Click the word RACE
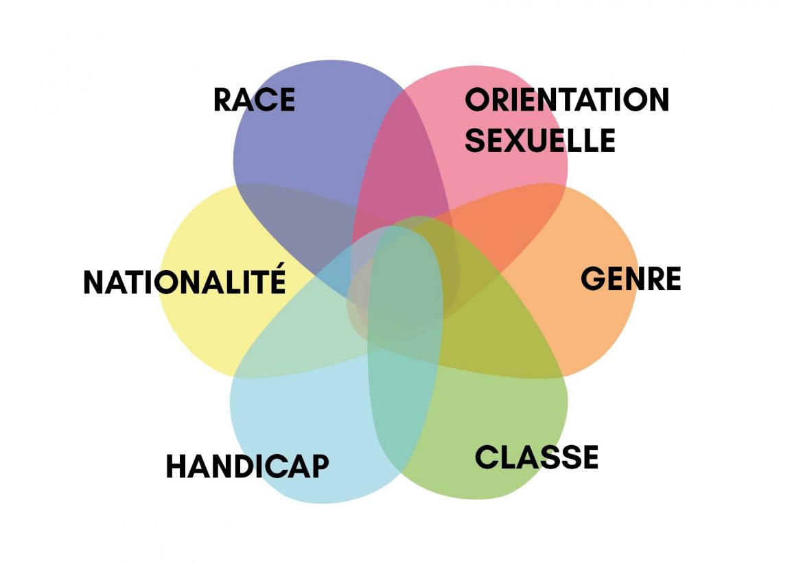pos(254,100)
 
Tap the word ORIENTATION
pos(566,100)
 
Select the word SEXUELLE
pos(539,140)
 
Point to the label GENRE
pos(631,279)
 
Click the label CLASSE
pos(537,458)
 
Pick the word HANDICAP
pos(247,466)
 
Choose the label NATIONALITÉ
pos(184,282)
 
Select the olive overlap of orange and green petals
pos(501,337)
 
